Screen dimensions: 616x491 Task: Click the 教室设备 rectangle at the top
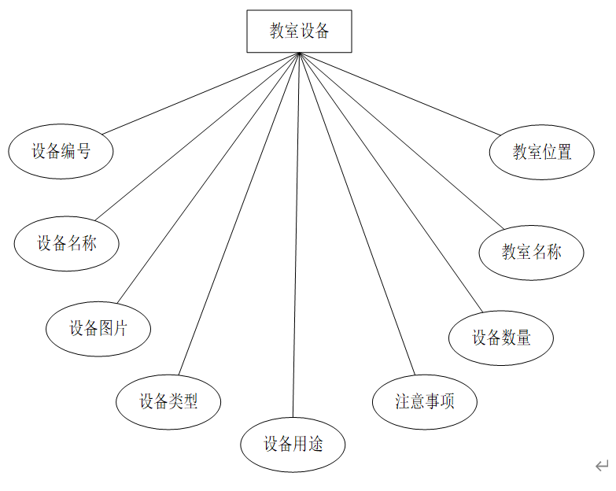(x=299, y=31)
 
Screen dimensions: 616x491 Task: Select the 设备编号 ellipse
(x=61, y=151)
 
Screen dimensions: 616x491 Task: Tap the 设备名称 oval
(x=66, y=242)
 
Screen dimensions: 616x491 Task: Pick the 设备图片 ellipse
(x=98, y=328)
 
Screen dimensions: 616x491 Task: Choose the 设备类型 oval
(x=168, y=401)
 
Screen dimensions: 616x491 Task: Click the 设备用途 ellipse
(x=293, y=445)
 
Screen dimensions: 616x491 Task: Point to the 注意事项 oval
(x=425, y=401)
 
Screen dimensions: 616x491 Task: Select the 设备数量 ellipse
(x=501, y=338)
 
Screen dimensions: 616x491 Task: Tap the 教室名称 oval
(x=532, y=252)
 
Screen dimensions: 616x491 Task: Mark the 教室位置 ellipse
(x=542, y=152)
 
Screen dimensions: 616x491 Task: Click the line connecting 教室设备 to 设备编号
(x=201, y=94)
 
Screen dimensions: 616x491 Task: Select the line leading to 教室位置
(x=401, y=93)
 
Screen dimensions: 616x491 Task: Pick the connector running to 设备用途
(x=296, y=236)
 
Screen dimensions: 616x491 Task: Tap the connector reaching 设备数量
(x=389, y=181)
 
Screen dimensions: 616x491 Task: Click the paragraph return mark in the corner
(x=602, y=466)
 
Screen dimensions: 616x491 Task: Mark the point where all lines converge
(x=299, y=54)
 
